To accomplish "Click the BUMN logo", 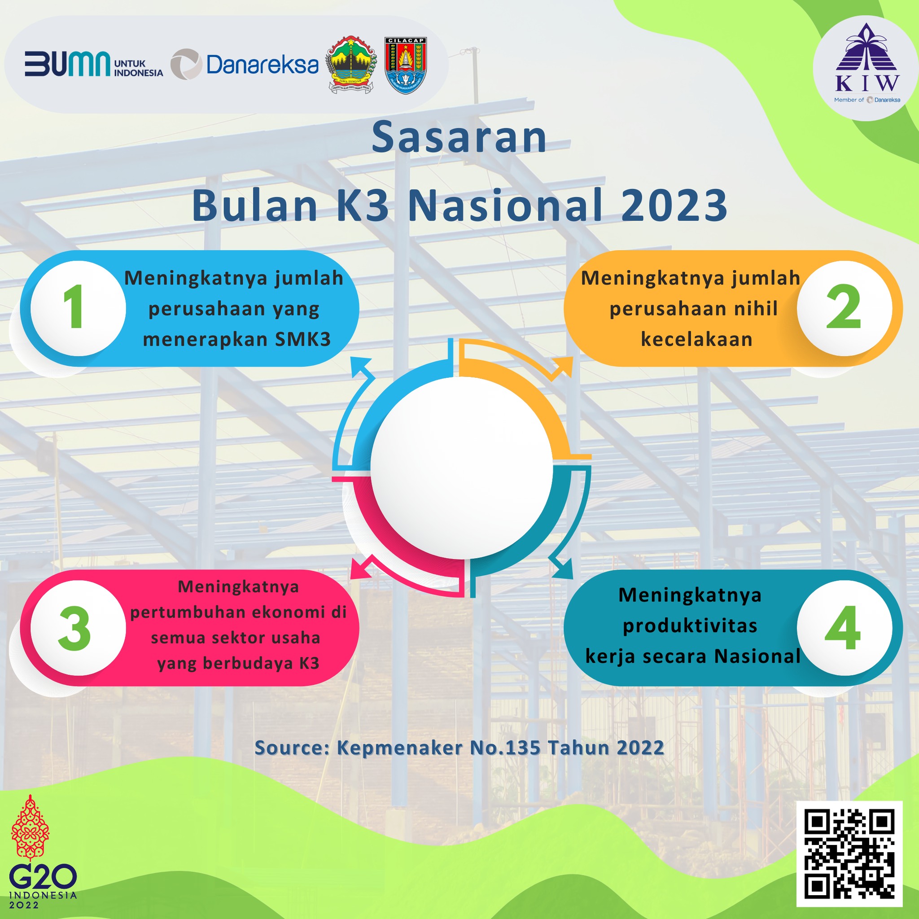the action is click(94, 64).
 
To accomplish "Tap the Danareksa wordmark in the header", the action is click(263, 65).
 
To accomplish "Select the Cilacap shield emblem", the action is click(405, 66).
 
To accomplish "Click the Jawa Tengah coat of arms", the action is click(350, 65).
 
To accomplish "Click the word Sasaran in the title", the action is click(459, 138).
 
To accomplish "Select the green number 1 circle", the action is click(78, 308).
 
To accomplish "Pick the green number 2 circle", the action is click(845, 308).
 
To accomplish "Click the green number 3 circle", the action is click(78, 628).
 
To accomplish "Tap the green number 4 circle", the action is click(845, 628).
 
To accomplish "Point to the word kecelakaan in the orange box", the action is click(696, 340).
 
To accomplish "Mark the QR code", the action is click(849, 854).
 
